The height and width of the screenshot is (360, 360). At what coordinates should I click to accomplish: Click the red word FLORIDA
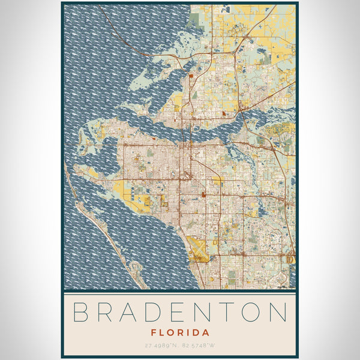point(180,332)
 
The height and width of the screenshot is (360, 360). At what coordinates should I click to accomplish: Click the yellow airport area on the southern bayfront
point(198,246)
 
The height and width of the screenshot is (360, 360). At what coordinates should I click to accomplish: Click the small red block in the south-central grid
point(204,194)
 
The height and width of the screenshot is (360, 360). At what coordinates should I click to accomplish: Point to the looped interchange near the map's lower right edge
point(291,259)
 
